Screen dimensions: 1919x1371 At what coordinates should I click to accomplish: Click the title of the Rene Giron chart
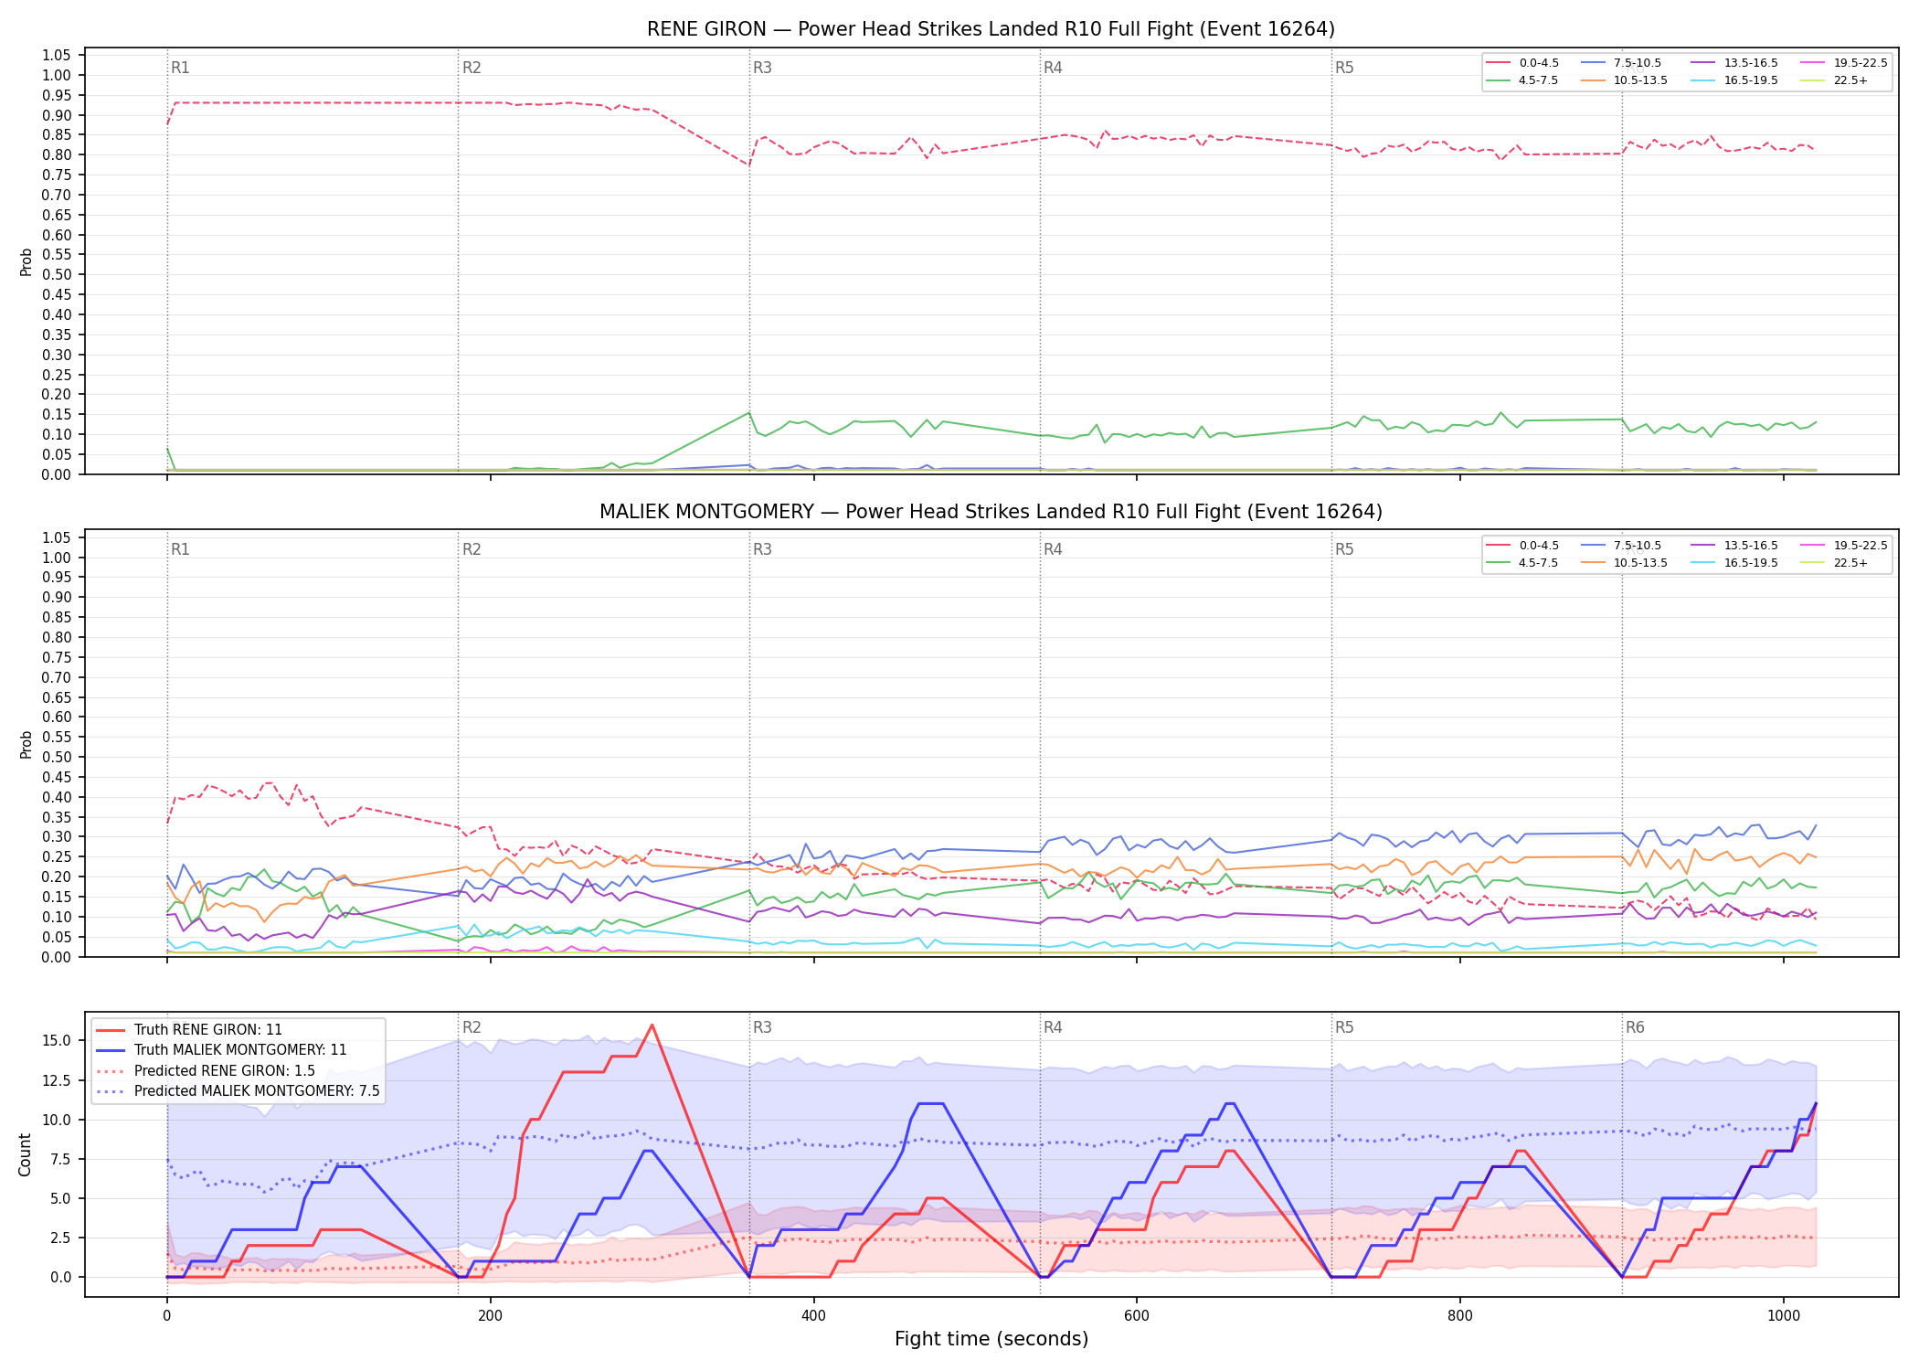coord(991,29)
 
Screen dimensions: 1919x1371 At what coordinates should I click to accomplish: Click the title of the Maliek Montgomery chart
coord(991,512)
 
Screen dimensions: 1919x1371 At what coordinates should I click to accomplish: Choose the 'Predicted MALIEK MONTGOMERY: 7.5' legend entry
coord(238,1091)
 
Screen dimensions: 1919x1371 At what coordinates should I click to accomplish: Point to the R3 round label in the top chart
coord(762,69)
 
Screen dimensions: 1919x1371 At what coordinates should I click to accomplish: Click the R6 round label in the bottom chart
coord(1635,1028)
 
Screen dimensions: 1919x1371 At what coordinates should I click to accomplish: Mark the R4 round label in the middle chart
coord(1053,550)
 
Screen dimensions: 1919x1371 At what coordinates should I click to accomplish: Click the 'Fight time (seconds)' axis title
coord(991,1339)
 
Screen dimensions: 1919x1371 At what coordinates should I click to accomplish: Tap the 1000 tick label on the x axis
coord(1784,1316)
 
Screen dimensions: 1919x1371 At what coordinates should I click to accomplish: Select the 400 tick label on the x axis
coord(813,1316)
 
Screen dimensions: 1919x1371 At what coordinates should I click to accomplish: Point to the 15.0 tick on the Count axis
coord(57,1041)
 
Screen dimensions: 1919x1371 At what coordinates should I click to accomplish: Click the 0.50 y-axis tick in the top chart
coord(57,275)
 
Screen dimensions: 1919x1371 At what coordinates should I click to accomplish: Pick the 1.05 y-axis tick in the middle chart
coord(57,537)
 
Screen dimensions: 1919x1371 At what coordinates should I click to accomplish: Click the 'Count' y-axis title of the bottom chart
coord(25,1154)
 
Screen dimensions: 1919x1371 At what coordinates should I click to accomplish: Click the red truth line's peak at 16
coord(652,1025)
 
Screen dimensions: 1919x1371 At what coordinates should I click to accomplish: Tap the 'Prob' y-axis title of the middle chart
coord(26,744)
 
